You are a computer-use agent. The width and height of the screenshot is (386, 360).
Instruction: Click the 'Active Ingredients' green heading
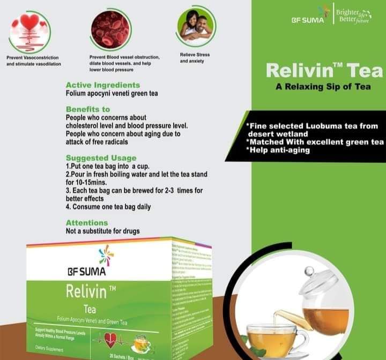click(102, 85)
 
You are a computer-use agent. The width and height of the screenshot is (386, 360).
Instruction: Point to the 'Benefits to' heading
click(87, 109)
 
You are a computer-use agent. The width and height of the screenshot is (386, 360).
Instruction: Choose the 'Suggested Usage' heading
click(101, 158)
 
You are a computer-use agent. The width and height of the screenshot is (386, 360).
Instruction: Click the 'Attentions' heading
click(86, 223)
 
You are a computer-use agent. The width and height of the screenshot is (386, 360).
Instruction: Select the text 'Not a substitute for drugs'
click(102, 231)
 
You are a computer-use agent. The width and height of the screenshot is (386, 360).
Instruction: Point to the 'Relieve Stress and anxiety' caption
click(195, 58)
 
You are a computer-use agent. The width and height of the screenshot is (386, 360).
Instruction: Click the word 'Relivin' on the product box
click(88, 292)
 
